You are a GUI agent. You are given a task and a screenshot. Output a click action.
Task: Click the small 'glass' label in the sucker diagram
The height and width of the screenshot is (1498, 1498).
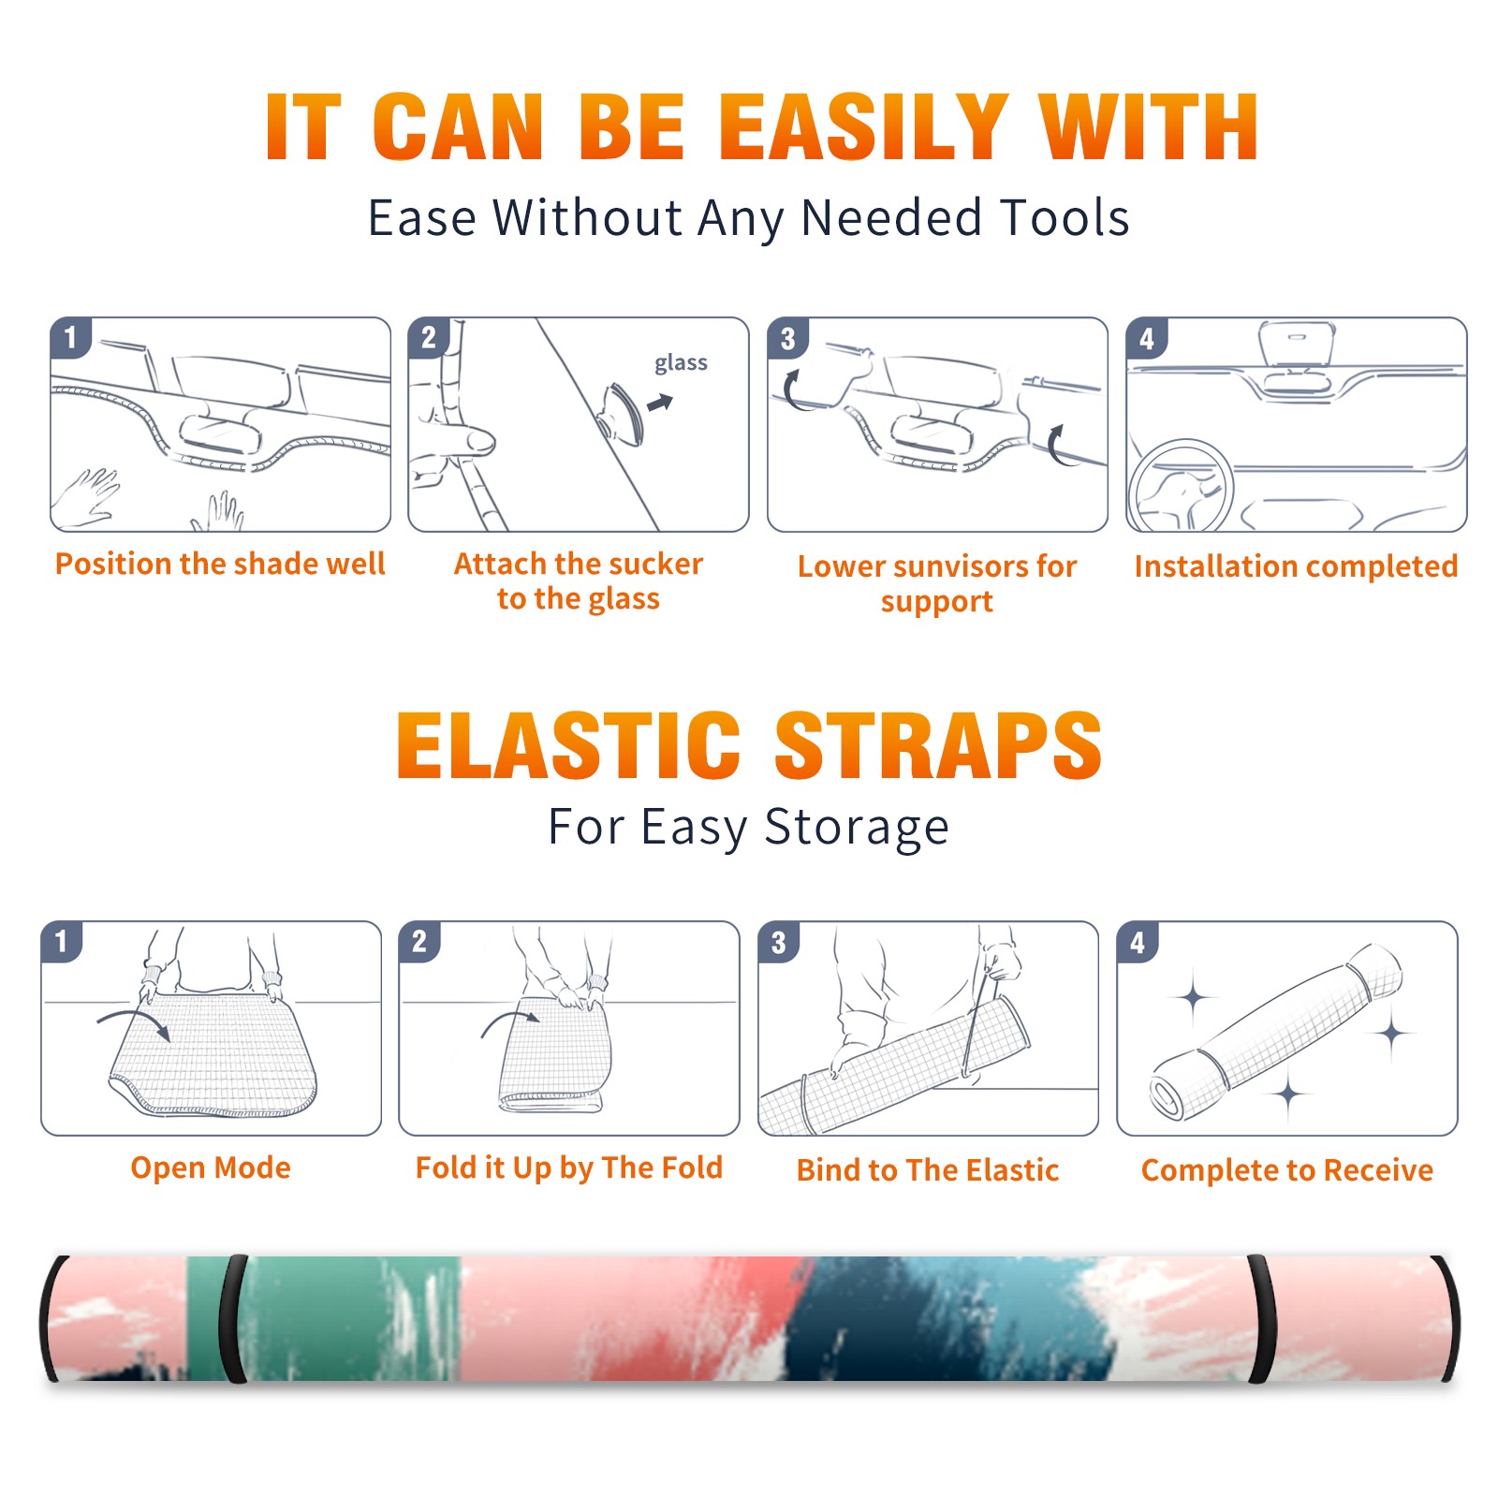[681, 363]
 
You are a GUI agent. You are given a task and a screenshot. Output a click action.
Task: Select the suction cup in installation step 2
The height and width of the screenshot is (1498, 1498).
[623, 414]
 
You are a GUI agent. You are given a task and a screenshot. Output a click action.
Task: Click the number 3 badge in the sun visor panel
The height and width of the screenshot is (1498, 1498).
[787, 338]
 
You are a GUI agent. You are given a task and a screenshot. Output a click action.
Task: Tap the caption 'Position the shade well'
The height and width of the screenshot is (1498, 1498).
[220, 564]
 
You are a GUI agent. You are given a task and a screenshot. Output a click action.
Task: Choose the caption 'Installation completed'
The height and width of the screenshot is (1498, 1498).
[1296, 566]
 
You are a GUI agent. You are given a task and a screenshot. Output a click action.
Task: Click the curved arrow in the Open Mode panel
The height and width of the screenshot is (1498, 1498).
[134, 1023]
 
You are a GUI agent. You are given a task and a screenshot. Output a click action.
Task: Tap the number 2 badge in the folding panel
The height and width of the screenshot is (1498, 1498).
[419, 941]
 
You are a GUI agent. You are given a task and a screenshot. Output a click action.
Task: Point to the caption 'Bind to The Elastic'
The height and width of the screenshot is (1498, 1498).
[927, 1170]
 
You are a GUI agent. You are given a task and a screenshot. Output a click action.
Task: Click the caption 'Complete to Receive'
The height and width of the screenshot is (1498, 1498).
[1287, 1170]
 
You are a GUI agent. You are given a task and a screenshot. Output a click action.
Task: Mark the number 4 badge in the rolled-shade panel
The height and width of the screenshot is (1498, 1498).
[1138, 942]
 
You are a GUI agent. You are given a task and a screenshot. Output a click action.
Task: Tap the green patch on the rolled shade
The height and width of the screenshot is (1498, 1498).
[346, 1318]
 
